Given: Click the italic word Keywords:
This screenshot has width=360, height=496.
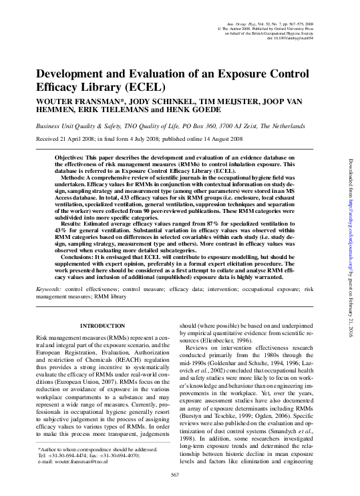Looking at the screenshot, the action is [49, 289].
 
